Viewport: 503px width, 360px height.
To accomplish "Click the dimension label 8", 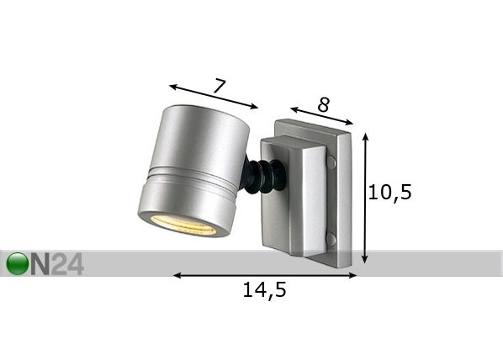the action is (323, 104).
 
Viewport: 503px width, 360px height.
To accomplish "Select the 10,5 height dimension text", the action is (389, 192).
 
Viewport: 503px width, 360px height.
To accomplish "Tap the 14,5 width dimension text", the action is (264, 289).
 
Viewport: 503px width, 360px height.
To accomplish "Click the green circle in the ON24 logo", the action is (18, 263).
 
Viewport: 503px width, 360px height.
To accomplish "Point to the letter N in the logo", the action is (40, 264).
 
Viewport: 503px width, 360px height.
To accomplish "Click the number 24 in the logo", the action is (67, 264).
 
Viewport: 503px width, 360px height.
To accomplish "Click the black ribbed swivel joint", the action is (262, 177).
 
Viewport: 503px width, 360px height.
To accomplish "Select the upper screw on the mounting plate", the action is (331, 161).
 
